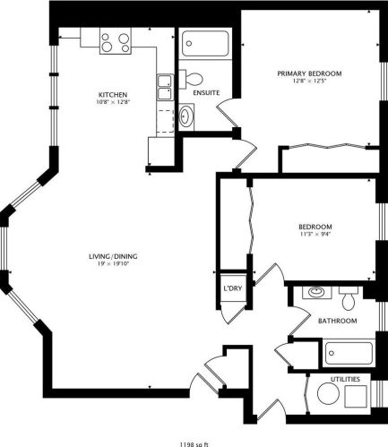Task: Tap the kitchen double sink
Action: click(x=165, y=86)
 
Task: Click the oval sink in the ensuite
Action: click(x=185, y=114)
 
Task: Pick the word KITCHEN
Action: click(x=112, y=94)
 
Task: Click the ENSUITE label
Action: click(x=207, y=93)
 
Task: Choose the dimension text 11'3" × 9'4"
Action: click(x=315, y=235)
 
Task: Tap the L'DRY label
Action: click(x=233, y=288)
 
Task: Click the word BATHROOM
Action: click(x=337, y=321)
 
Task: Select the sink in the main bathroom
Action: click(x=315, y=292)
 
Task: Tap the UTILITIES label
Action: click(x=347, y=380)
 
